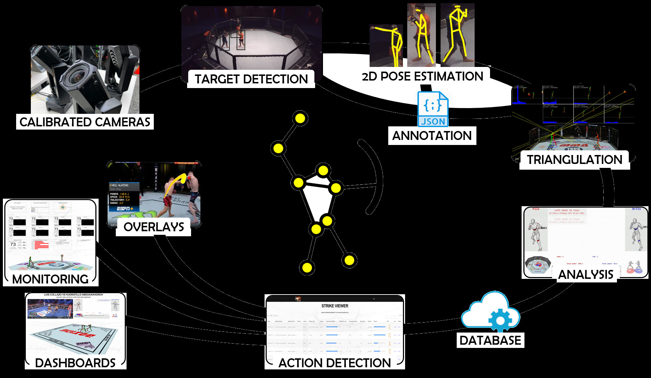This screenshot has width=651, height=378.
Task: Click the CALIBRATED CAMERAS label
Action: click(x=85, y=122)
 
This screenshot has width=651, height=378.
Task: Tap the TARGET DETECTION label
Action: click(x=251, y=79)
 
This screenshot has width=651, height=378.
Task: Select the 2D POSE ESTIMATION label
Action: click(x=422, y=76)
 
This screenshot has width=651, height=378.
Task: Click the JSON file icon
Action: click(x=433, y=109)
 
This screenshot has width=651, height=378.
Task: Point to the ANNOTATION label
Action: click(x=432, y=136)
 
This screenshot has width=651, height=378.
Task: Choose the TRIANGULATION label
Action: click(x=574, y=160)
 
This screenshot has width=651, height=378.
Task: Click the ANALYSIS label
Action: click(x=586, y=275)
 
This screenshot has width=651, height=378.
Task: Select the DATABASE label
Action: click(x=490, y=340)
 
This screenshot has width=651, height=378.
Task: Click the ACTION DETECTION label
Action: click(x=334, y=363)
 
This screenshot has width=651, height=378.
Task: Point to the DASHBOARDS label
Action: click(x=75, y=363)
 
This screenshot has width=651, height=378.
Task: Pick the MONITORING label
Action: click(x=50, y=279)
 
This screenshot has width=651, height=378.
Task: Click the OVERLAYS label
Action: click(x=154, y=227)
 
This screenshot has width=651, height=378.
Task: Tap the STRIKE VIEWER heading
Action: click(x=335, y=306)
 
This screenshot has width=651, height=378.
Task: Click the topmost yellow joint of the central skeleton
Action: click(x=300, y=118)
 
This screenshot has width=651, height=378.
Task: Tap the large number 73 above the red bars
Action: click(x=13, y=244)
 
